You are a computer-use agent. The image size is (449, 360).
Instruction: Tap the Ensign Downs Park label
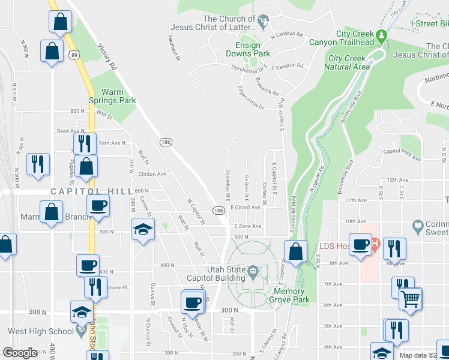coord(247,49)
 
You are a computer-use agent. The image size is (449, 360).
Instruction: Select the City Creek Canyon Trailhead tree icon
coord(381,37)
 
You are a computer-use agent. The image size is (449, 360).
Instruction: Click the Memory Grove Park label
coord(289,295)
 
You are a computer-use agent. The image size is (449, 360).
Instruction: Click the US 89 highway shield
coord(73,54)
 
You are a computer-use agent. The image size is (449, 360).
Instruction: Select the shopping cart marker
coord(411,298)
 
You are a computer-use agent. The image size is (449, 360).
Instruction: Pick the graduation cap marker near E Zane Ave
coord(143,230)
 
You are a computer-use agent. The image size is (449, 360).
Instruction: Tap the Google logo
coord(19,353)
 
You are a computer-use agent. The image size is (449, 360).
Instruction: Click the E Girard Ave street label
coord(246,208)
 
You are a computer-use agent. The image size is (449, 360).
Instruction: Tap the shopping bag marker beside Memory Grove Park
coord(295,251)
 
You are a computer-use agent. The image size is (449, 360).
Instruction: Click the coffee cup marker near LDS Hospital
coord(361,245)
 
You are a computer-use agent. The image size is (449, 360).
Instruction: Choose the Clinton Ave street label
coord(152,174)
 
